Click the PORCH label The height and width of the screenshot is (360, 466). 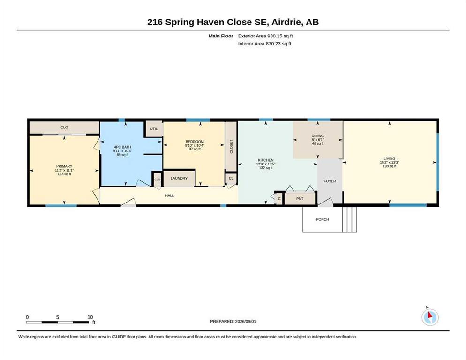point(323,219)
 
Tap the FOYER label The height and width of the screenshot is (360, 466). point(330,181)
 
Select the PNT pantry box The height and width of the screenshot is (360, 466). point(300,199)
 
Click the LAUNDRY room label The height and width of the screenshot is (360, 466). point(179,178)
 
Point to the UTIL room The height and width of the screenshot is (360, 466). point(154,129)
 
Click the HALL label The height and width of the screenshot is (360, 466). point(169,195)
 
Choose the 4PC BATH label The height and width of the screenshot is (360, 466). point(122,147)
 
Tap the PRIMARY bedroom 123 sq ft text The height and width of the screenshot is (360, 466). point(64,174)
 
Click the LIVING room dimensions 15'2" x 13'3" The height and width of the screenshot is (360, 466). point(389,162)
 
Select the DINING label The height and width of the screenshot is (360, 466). point(318,136)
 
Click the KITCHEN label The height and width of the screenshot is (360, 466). point(266,160)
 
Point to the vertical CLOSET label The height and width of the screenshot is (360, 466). point(231,147)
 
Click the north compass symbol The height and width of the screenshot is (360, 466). point(430,316)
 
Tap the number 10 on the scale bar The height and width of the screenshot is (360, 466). point(90,317)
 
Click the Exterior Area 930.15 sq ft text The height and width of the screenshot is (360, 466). point(265,36)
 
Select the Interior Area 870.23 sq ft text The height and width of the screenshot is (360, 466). point(264,44)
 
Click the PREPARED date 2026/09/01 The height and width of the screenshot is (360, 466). point(246,322)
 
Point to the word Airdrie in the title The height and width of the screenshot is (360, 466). point(286,22)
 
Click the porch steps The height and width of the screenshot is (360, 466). point(350,219)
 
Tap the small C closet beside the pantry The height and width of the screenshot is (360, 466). point(279,199)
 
